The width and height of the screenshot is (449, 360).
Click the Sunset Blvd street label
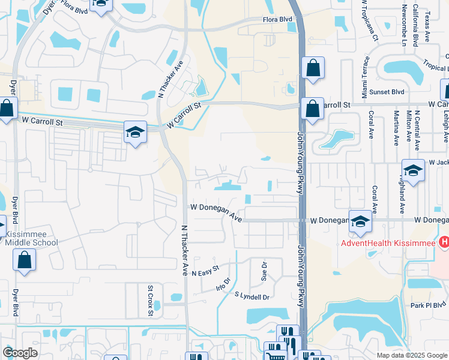[387, 92]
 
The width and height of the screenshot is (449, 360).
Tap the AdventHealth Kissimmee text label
[388, 243]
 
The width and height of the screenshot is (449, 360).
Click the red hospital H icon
[444, 242]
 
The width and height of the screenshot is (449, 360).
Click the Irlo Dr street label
[223, 284]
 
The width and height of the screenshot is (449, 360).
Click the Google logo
[20, 352]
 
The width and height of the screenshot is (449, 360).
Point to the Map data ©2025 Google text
[411, 355]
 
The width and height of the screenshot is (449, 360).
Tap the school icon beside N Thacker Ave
[136, 133]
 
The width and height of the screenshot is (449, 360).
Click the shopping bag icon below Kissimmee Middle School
[25, 259]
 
